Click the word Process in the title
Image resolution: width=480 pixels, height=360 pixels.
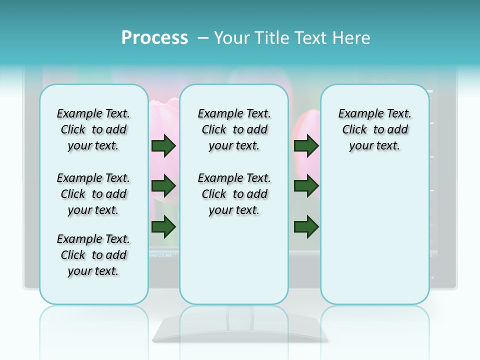tap(154, 38)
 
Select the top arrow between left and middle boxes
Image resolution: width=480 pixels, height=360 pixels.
tap(163, 145)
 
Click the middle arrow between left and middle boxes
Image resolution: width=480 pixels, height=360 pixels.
tap(163, 186)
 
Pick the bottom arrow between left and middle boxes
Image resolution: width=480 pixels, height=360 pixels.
tap(163, 227)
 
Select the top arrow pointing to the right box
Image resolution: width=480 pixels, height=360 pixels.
tap(306, 145)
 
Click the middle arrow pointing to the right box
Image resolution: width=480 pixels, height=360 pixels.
tap(306, 186)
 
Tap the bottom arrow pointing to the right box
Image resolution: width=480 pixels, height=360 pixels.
tap(306, 227)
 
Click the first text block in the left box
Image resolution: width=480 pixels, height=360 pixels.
tap(93, 129)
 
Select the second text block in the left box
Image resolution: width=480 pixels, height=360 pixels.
tap(93, 194)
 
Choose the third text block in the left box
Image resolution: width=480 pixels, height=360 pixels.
tap(93, 255)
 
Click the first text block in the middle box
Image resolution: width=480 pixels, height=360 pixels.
tap(234, 129)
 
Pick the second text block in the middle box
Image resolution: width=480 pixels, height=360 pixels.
tap(234, 194)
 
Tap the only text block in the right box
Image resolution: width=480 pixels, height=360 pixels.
tap(374, 129)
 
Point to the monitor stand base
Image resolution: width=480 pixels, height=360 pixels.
tap(240, 332)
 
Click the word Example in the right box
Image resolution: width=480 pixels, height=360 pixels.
tap(356, 114)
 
